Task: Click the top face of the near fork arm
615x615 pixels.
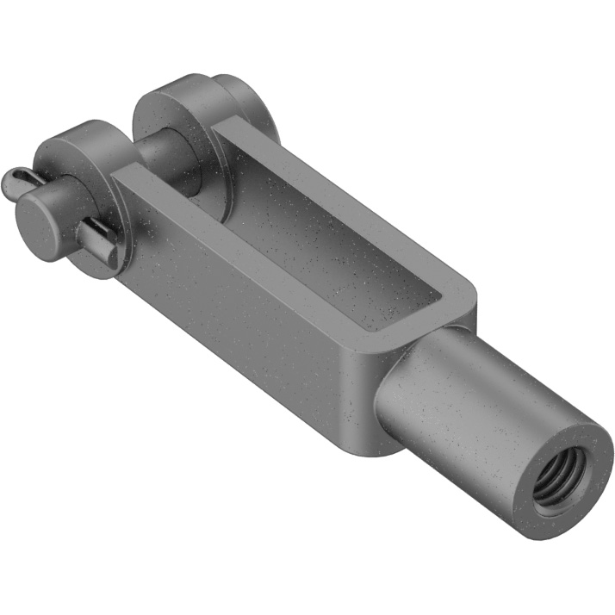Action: click(x=258, y=233)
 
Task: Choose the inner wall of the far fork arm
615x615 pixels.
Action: click(x=284, y=198)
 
